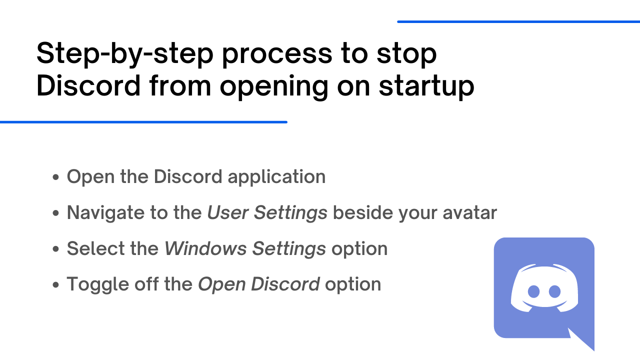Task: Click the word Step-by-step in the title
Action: [x=125, y=53]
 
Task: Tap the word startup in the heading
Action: [x=426, y=86]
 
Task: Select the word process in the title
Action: [x=277, y=55]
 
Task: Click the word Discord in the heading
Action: [x=88, y=85]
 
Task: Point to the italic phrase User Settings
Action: [x=267, y=213]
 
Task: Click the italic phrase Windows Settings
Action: [x=245, y=248]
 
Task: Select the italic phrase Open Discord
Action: [x=259, y=284]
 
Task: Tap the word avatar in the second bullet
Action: [x=469, y=213]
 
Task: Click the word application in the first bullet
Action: [x=276, y=177]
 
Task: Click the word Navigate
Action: [x=105, y=213]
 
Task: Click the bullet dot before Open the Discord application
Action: [x=55, y=177]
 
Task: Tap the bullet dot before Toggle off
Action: [x=55, y=284]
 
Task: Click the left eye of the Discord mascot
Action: [x=533, y=291]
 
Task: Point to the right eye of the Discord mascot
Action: [x=555, y=291]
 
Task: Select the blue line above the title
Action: [x=518, y=21]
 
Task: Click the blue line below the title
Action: [x=143, y=122]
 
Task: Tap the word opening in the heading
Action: [x=274, y=87]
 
